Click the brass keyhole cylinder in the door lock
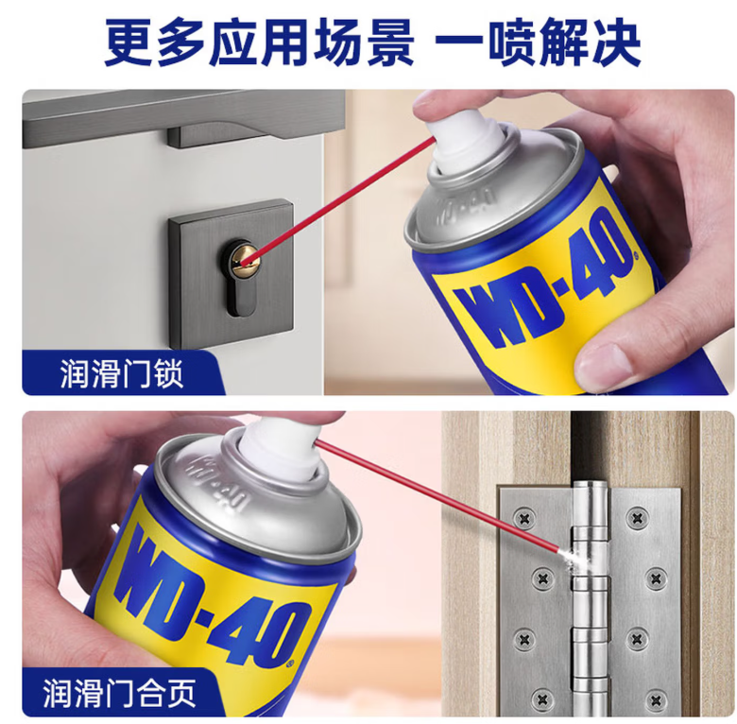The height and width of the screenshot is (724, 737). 245,258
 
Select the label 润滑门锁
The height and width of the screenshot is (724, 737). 121,374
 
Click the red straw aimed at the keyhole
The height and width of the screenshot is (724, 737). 345,198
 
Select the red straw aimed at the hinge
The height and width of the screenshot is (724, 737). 437,498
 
